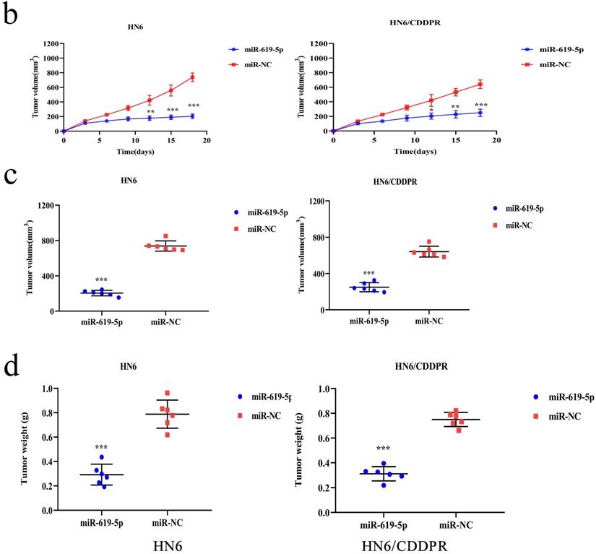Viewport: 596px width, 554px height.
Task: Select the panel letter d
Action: coord(12,367)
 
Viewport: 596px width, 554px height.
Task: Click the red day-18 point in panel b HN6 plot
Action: coord(193,77)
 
